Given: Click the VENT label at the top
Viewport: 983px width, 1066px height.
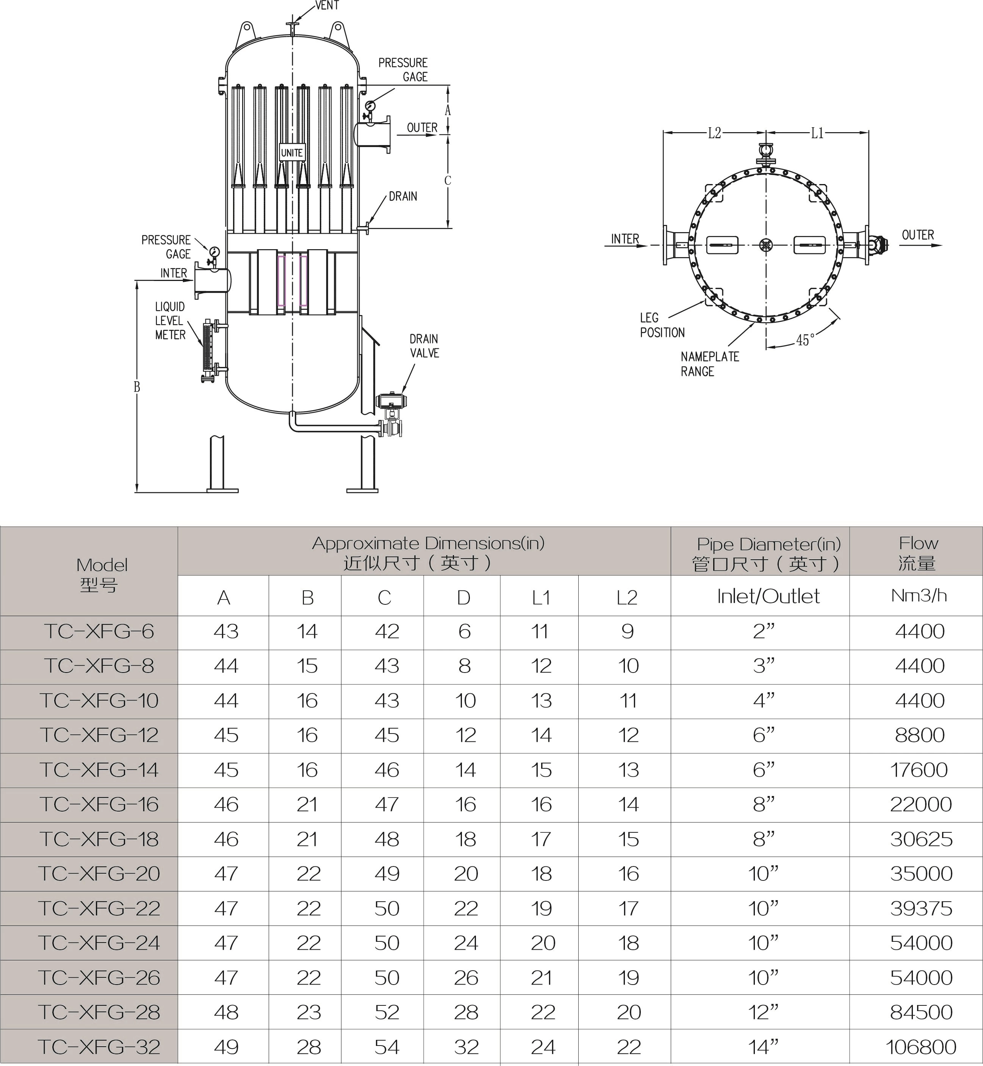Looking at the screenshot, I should click(x=327, y=5).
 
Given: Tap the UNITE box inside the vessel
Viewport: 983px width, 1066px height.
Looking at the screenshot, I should click(x=291, y=153).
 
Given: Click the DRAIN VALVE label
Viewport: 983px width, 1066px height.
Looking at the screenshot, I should click(x=424, y=346).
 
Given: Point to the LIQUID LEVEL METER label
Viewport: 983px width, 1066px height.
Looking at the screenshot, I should click(x=170, y=321).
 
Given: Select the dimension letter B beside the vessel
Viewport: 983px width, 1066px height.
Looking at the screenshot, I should click(x=137, y=387).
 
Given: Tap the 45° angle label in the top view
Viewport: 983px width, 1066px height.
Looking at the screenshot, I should click(x=805, y=340).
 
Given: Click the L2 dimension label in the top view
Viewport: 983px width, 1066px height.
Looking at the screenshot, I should click(x=714, y=133).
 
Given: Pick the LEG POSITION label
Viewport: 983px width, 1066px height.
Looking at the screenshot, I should click(x=662, y=325).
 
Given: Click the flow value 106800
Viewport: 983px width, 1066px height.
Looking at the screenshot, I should click(x=921, y=1047).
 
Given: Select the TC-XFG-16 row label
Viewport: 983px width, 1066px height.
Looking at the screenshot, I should click(x=99, y=804).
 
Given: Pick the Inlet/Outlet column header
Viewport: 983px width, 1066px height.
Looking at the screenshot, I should click(x=768, y=596).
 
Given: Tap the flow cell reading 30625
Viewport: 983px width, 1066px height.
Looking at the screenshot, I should click(x=921, y=839).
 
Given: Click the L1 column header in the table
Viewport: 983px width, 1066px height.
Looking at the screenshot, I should click(x=540, y=598).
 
